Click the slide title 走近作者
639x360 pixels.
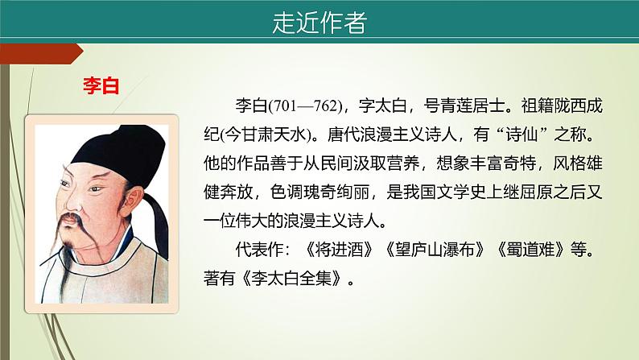point(319,23)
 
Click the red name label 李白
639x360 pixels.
point(101,86)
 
